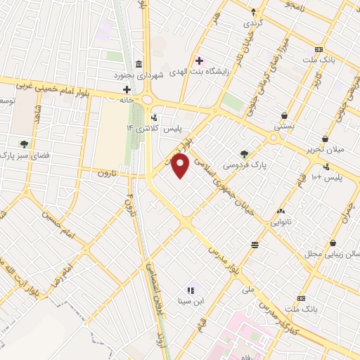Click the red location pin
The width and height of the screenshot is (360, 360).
tap(181, 166)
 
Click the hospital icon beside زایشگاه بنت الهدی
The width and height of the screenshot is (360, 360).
tap(200, 60)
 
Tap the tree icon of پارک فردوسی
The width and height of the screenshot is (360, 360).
tap(244, 153)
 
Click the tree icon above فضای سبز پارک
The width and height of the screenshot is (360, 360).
tap(24, 144)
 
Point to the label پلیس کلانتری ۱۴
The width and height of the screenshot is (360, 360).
tap(153, 128)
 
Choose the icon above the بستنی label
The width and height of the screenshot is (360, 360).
tap(283, 116)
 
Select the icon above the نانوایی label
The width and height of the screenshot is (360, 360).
tap(281, 211)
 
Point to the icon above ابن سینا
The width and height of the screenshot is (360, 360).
tap(190, 290)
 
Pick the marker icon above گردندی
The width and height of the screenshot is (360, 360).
tap(253, 12)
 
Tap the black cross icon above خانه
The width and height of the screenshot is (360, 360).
tap(127, 89)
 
